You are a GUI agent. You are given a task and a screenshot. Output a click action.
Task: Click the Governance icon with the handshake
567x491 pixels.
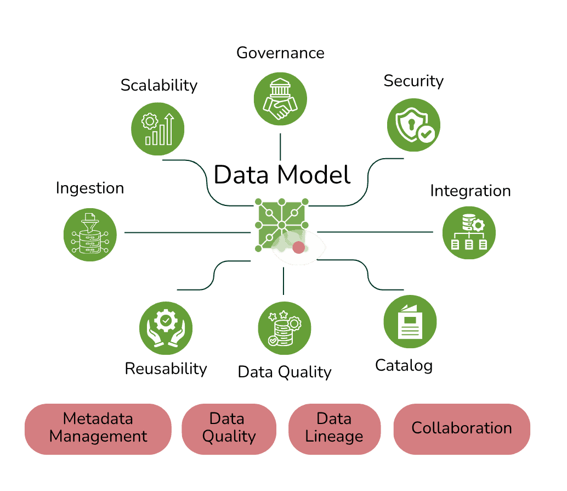coord(280,99)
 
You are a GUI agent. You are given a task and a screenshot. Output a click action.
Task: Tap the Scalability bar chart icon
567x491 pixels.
coord(158,129)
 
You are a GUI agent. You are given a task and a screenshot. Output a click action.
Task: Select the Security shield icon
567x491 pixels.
coord(413,125)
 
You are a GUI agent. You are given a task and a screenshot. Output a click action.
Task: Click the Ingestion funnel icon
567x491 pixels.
coord(90,235)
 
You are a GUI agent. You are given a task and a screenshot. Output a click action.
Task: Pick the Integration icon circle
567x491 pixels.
coord(469,232)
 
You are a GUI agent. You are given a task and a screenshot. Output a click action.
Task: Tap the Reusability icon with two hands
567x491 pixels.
coord(166,328)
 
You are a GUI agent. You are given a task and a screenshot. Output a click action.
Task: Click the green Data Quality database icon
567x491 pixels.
coord(285,328)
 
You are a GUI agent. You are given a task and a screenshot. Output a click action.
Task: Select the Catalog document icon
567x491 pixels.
coord(410,321)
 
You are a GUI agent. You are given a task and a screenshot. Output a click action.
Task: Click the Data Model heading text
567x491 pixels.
coord(282,175)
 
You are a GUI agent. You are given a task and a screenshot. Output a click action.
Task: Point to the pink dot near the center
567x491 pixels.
coord(299,248)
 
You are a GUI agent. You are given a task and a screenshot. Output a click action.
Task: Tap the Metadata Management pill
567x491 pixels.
coord(98,429)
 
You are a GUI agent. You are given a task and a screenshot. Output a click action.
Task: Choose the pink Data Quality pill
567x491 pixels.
coord(229,429)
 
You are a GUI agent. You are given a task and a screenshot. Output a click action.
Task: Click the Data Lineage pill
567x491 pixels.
coord(334,429)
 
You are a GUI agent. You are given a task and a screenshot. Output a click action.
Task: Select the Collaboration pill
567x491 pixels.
coord(462,429)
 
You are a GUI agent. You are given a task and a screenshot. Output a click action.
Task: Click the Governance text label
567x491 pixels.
coord(280,53)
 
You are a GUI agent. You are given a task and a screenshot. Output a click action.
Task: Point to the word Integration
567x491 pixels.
coord(470,191)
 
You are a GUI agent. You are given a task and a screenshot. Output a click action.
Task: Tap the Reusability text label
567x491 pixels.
coord(166,369)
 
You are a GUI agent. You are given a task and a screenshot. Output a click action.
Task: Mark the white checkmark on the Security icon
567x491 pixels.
coord(427,134)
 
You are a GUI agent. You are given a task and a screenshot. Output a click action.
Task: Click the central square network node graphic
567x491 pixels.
coord(282,225)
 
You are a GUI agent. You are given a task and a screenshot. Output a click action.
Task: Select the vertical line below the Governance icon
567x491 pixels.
coord(280,147)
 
